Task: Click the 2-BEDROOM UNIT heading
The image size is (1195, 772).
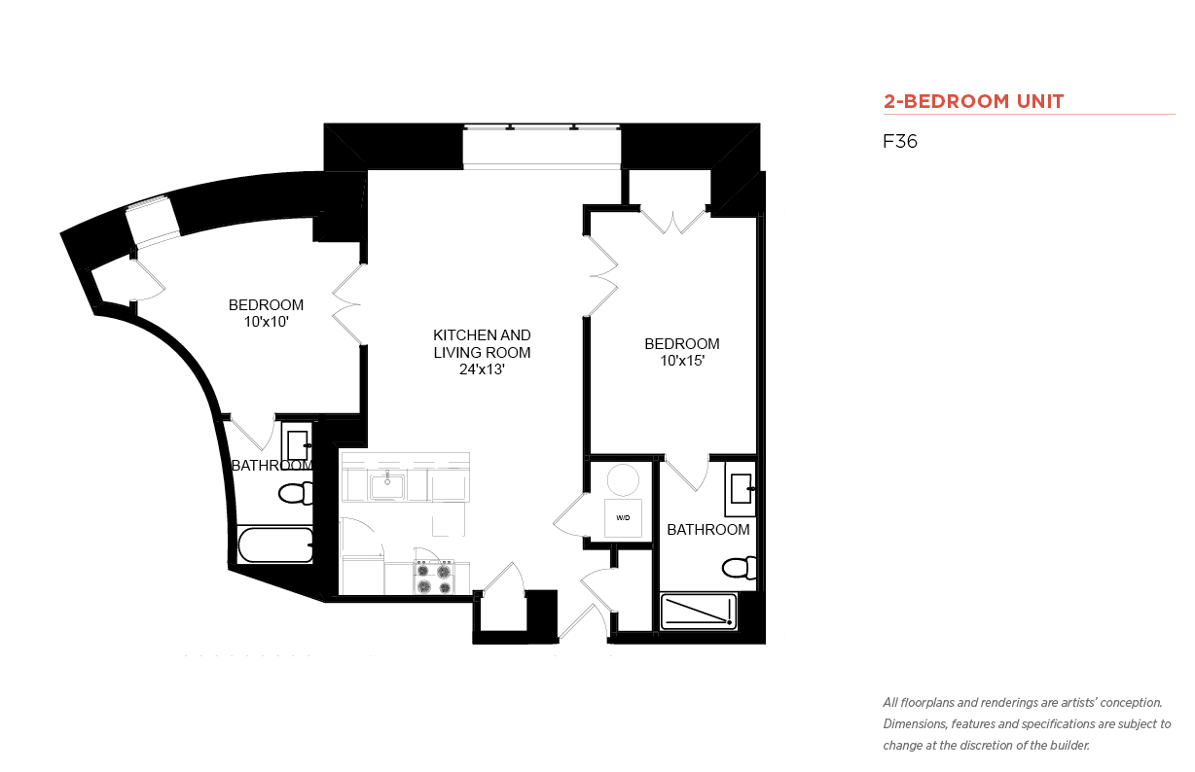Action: click(973, 101)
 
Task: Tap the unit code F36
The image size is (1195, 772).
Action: click(900, 141)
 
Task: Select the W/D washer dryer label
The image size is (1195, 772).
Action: click(623, 517)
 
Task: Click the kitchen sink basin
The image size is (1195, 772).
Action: click(386, 486)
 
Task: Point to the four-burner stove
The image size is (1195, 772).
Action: click(434, 578)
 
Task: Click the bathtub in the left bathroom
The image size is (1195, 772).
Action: click(274, 544)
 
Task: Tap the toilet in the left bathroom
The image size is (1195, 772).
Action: click(296, 493)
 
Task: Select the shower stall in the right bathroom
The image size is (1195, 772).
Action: click(699, 612)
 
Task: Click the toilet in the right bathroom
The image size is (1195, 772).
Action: click(740, 568)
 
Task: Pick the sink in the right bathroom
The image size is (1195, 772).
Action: click(741, 489)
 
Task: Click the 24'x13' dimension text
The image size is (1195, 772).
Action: click(482, 369)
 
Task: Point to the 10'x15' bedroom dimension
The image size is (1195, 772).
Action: click(682, 361)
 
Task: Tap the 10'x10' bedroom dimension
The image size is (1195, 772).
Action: click(267, 322)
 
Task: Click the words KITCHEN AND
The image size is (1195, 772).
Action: click(482, 335)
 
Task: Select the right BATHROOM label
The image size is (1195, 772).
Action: click(707, 530)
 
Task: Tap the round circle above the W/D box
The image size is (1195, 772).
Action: click(623, 480)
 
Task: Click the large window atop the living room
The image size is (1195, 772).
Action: click(541, 147)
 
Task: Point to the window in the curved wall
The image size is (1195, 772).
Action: click(153, 221)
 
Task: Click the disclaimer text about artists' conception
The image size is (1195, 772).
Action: click(1027, 724)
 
